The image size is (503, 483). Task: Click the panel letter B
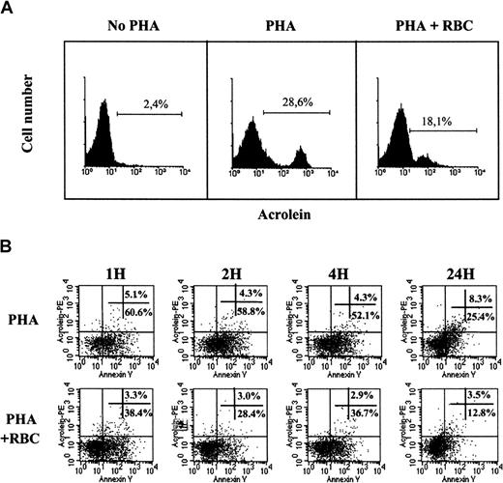pos(11,245)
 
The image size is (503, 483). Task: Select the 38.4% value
pos(140,410)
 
